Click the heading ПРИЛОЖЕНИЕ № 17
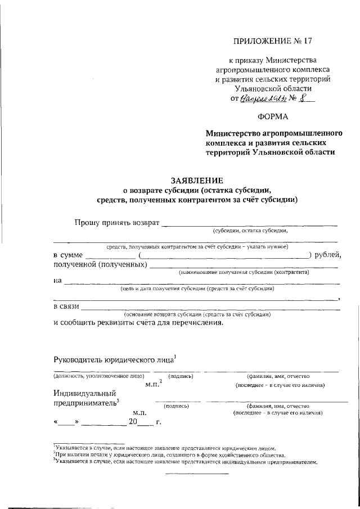tap(272, 41)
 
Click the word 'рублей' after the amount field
tap(327, 255)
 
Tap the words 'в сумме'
tap(68, 255)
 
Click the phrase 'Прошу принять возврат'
tap(117, 222)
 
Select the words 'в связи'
tap(67, 306)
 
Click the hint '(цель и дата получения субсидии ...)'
tap(197, 289)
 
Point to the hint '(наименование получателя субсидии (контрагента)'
tap(244, 272)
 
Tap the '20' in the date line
tap(133, 421)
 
